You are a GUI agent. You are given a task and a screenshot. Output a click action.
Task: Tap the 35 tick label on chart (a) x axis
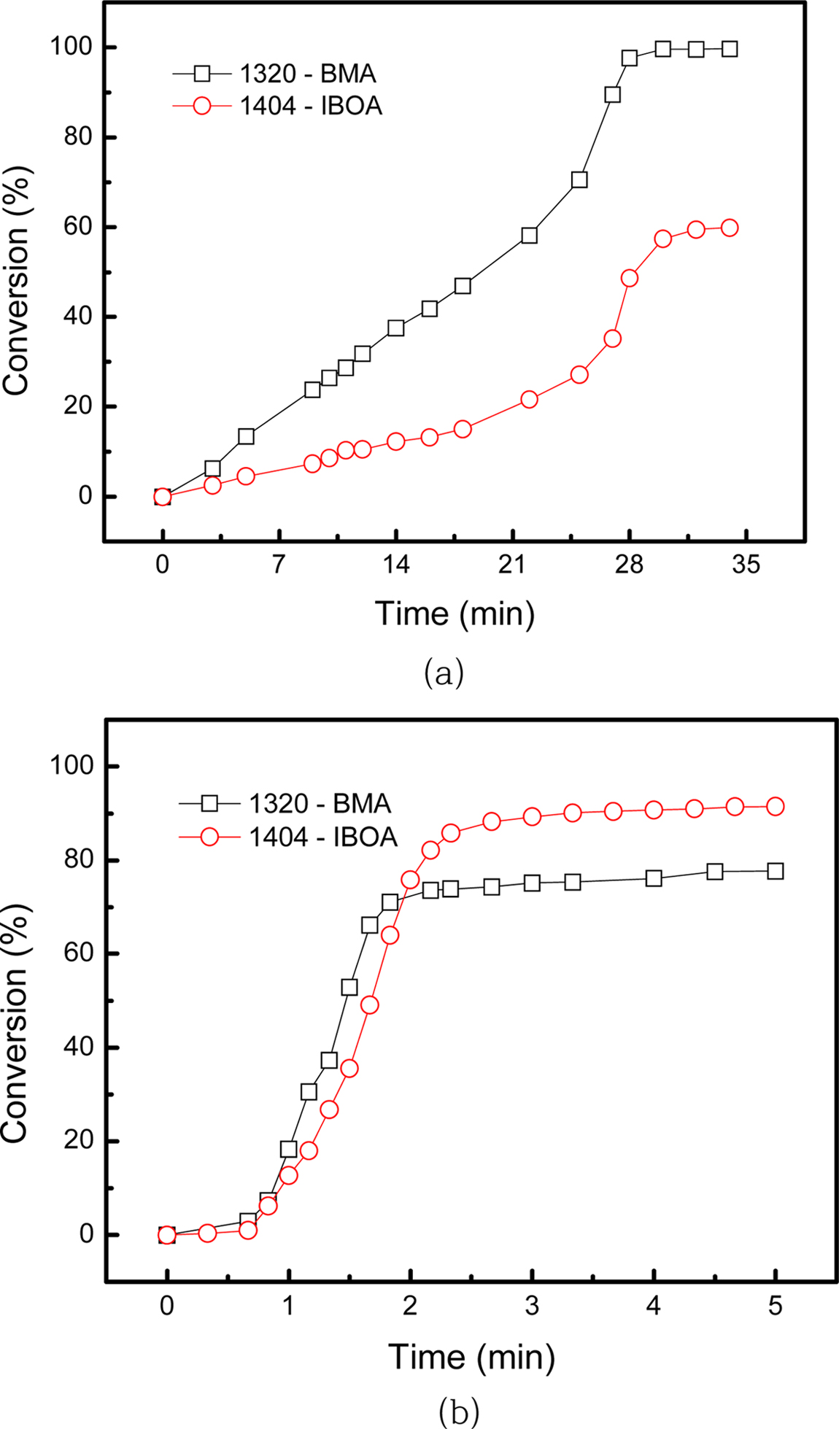(x=746, y=565)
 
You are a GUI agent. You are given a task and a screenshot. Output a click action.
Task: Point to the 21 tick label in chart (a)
(x=513, y=565)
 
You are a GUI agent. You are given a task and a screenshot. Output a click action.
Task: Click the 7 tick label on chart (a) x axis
(x=279, y=565)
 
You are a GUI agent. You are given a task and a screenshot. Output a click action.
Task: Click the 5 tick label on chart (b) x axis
(x=775, y=1305)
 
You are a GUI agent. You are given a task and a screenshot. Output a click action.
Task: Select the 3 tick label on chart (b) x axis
(x=532, y=1305)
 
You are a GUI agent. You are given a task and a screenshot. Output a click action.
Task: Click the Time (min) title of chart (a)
(x=455, y=613)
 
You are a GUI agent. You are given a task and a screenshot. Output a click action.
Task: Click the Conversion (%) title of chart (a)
(x=16, y=284)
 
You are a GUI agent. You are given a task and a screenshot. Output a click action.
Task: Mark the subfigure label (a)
(x=444, y=673)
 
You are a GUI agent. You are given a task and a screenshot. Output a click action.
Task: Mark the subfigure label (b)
(x=459, y=1412)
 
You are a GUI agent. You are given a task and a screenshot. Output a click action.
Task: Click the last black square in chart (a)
(x=729, y=49)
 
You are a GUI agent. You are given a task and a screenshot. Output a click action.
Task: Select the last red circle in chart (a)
(x=729, y=228)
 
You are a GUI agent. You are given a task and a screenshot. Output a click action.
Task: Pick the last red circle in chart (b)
(x=775, y=806)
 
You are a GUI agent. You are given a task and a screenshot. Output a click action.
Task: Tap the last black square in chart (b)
(x=775, y=871)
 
